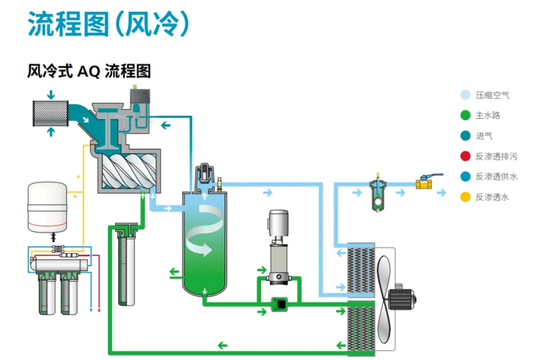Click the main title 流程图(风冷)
click(x=109, y=24)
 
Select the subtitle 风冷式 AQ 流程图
click(x=89, y=71)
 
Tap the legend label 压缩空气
click(x=492, y=95)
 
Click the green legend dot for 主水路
click(x=466, y=115)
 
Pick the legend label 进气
click(x=484, y=136)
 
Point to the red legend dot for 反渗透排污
click(x=466, y=156)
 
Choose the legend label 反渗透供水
click(x=496, y=176)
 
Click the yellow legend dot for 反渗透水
click(x=466, y=197)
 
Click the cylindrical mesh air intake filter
click(x=51, y=113)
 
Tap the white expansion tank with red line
click(x=47, y=207)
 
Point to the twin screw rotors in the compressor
click(x=129, y=171)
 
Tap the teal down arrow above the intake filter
click(x=51, y=95)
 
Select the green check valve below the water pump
click(x=280, y=304)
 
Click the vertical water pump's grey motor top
click(x=279, y=223)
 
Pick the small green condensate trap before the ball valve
click(x=378, y=195)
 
